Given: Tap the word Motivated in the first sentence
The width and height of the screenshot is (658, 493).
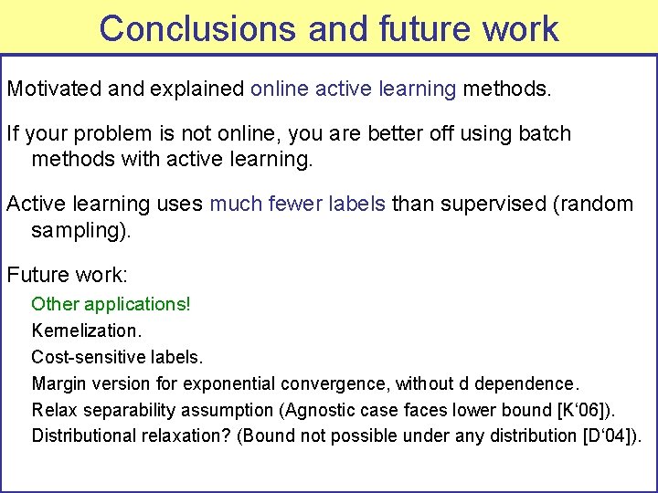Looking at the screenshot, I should tap(54, 89).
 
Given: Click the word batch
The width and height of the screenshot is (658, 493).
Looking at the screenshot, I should tap(546, 133).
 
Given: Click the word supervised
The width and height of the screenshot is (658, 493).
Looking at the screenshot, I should tap(492, 204).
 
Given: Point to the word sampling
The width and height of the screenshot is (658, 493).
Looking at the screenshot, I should tap(79, 230).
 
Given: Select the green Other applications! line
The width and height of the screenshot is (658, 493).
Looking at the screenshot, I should tap(111, 303).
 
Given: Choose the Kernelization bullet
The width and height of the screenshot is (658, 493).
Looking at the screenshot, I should tap(86, 330).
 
